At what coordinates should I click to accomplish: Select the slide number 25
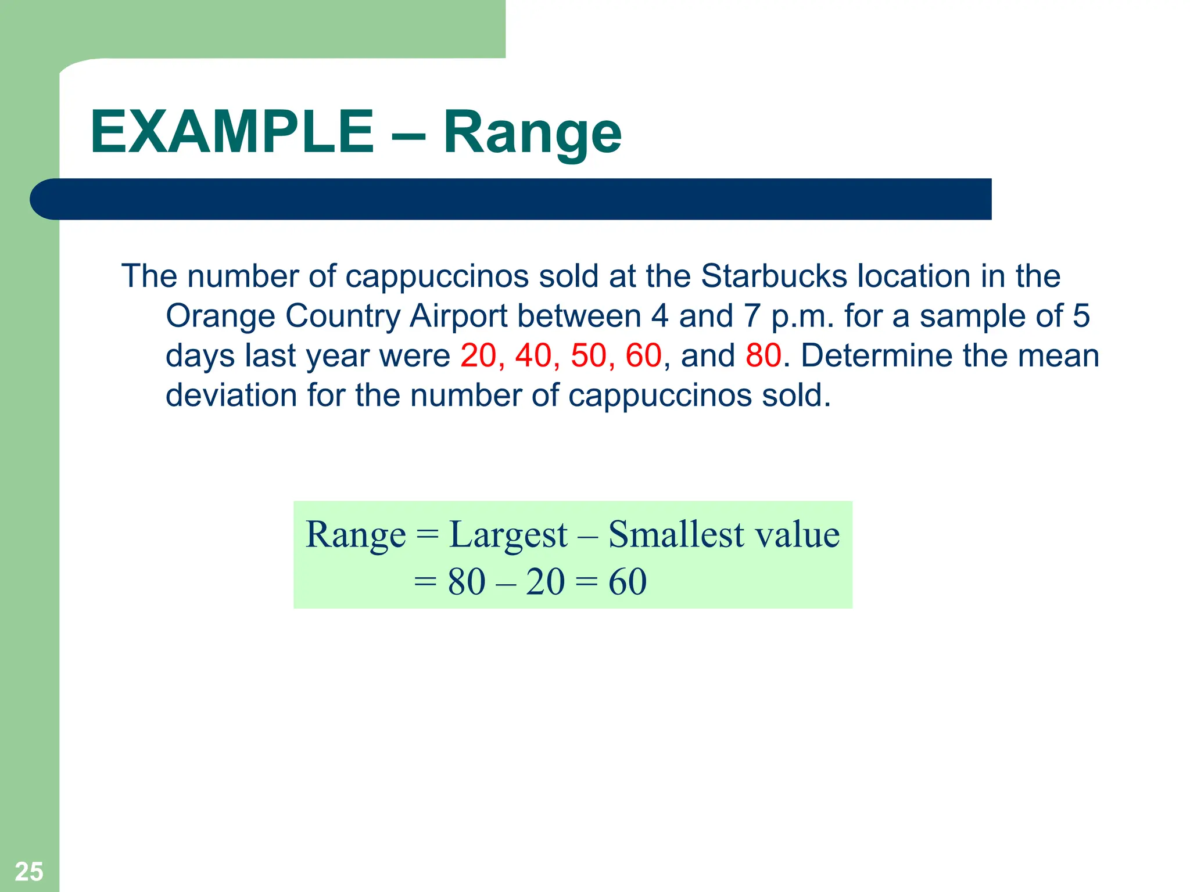29,872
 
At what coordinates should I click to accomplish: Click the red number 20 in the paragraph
478,355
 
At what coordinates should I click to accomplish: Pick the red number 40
533,355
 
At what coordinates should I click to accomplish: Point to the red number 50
589,355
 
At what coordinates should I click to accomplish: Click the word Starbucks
775,276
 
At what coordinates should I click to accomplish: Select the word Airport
458,316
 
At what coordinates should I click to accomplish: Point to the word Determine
876,355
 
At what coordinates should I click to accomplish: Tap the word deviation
231,395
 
